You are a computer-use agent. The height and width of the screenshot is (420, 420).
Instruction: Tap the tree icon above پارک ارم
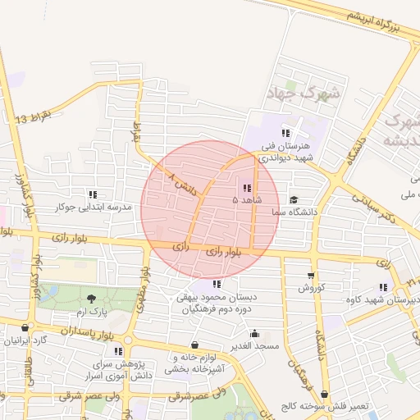point(90,298)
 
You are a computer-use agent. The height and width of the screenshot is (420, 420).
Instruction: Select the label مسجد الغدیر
point(255,346)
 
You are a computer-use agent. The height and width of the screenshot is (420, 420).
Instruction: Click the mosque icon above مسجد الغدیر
point(255,333)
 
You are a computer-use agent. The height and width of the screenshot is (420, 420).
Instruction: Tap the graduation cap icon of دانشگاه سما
point(294,199)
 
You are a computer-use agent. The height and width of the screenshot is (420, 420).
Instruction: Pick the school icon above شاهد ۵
point(247,188)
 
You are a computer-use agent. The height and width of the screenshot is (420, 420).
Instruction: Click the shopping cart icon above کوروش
point(311,275)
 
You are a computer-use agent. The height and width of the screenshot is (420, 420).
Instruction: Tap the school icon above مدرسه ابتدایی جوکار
point(93,194)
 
